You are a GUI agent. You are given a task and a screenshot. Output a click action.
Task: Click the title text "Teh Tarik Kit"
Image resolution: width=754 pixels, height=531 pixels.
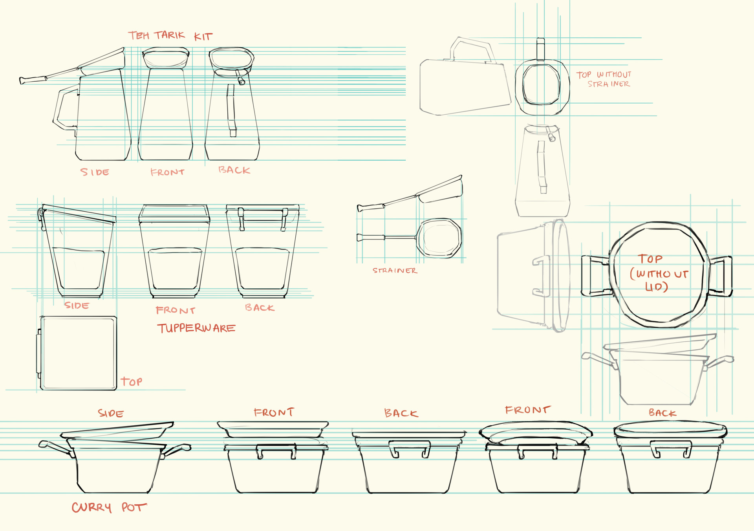[170, 36]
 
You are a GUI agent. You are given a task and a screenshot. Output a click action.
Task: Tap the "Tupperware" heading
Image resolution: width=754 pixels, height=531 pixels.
[196, 328]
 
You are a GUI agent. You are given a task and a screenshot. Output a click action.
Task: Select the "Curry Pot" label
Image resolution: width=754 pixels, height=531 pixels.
[109, 507]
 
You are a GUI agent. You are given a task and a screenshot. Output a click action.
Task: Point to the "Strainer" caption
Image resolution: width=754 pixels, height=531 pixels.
[395, 271]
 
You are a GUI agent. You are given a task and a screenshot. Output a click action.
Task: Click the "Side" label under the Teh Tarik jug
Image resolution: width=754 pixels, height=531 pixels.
[95, 172]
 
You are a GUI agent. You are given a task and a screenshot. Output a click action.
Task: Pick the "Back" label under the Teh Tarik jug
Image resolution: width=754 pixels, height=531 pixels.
[234, 170]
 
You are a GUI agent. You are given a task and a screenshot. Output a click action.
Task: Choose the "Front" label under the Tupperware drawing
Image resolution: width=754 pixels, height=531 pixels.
[175, 310]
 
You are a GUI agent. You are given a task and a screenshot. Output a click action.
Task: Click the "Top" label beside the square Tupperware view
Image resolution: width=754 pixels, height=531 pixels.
[131, 381]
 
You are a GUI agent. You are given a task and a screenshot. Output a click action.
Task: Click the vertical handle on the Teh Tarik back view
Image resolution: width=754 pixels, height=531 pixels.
[231, 110]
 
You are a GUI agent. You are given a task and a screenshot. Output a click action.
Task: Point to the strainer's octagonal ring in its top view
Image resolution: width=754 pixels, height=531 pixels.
[439, 238]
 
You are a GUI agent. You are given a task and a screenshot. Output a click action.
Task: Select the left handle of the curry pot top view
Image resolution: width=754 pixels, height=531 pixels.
[595, 276]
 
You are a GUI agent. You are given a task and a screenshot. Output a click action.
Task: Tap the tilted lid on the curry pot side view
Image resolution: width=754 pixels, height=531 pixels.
[117, 430]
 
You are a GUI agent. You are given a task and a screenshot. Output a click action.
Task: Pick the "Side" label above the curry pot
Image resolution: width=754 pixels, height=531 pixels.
[111, 413]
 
